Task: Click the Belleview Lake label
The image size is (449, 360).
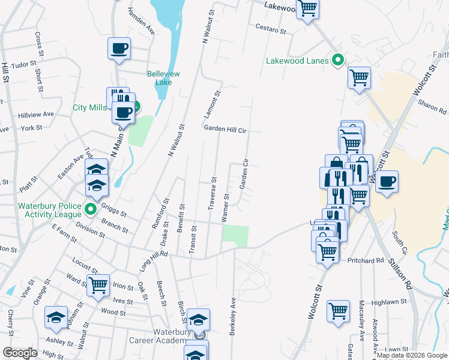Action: click(160, 78)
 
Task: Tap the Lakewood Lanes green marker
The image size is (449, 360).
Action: click(337, 61)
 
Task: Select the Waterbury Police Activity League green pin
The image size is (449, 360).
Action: click(91, 209)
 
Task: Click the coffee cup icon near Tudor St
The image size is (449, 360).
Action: click(119, 48)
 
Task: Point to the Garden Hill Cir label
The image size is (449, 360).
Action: click(226, 129)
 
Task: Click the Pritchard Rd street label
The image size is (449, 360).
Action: click(366, 260)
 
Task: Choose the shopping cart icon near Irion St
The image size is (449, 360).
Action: click(98, 285)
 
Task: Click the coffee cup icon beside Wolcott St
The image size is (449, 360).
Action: click(387, 182)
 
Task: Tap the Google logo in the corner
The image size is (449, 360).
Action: click(20, 353)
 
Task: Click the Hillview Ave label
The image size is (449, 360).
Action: click(36, 114)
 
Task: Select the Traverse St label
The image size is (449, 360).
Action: click(212, 194)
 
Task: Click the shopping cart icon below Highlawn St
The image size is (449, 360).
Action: click(338, 311)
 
